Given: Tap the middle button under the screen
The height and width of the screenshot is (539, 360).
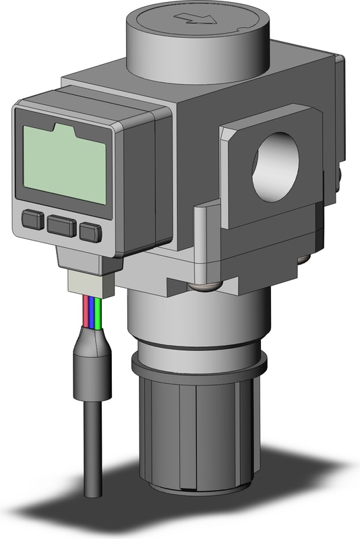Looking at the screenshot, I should click(61, 224).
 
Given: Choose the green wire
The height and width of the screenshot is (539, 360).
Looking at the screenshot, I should click(98, 311).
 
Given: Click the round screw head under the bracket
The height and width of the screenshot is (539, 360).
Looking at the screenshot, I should click(200, 288).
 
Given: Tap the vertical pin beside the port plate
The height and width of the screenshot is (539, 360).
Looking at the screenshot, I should click(200, 243).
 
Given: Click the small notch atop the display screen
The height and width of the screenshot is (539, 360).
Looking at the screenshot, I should click(62, 127).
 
